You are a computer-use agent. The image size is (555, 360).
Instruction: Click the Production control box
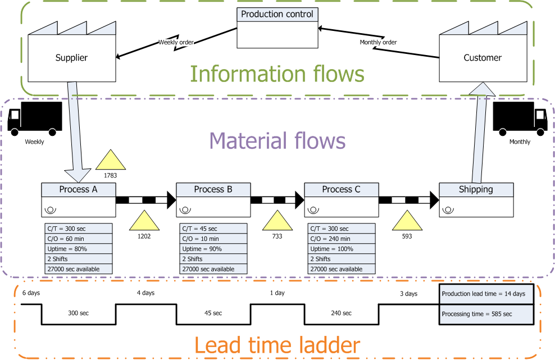click(277, 27)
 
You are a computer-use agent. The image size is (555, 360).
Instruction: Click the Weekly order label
click(176, 42)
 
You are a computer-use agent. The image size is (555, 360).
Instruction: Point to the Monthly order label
click(378, 42)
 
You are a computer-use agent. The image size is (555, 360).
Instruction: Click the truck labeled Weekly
click(35, 119)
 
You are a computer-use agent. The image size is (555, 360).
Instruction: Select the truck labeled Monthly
click(520, 119)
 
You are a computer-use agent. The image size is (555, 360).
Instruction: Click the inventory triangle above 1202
click(144, 220)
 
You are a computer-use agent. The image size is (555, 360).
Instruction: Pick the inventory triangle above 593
click(407, 220)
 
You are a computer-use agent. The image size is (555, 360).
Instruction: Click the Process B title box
click(213, 190)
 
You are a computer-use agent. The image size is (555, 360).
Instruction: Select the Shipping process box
click(476, 199)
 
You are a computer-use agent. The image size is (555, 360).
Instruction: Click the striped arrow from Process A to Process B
click(145, 199)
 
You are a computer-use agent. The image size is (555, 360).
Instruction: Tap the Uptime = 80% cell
click(78, 249)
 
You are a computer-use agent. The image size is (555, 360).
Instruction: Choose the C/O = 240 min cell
click(342, 239)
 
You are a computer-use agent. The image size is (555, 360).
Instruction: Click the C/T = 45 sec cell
click(213, 229)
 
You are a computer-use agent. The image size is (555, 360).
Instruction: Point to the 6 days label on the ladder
click(31, 293)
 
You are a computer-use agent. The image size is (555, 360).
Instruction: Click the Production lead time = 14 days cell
click(486, 294)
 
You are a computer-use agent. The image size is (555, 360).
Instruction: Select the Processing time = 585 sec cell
click(486, 314)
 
